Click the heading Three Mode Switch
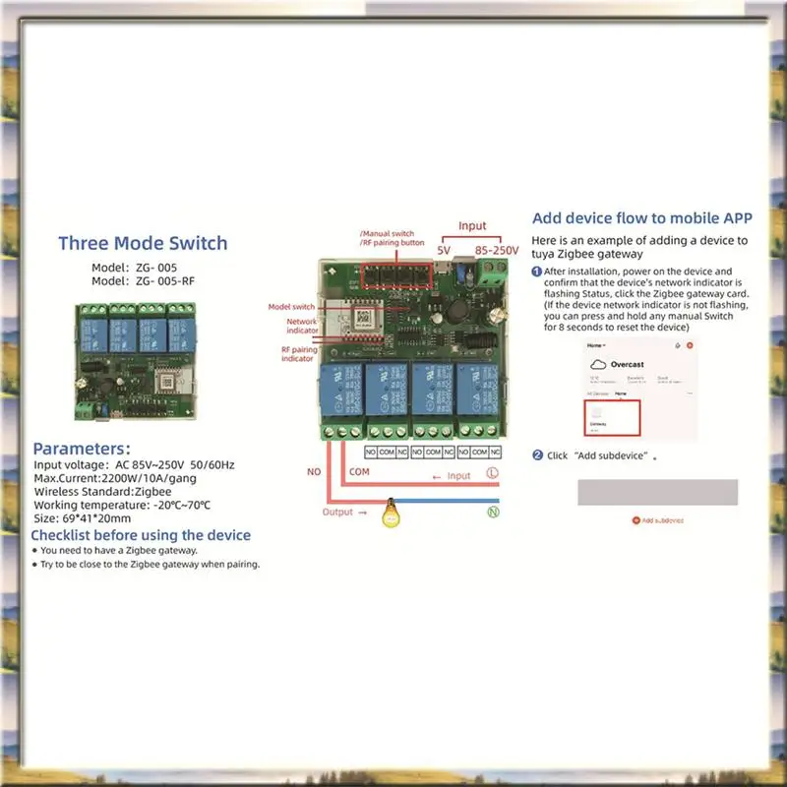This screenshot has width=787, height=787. pos(143,243)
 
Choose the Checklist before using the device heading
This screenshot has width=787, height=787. pos(141,535)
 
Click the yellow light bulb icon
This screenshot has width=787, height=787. pos(392,515)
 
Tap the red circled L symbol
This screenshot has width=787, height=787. pos(492,474)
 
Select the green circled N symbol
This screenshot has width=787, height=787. pos(492,512)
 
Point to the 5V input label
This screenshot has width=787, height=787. pos(445,251)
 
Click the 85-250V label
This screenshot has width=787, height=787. pos(497,251)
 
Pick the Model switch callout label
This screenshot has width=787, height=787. pos(291,307)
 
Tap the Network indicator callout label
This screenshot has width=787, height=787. pos(302,327)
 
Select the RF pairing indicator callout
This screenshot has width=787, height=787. pos(299,355)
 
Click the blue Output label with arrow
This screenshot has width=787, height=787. pos(344,512)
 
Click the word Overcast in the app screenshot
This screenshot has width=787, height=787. pos(628,363)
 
